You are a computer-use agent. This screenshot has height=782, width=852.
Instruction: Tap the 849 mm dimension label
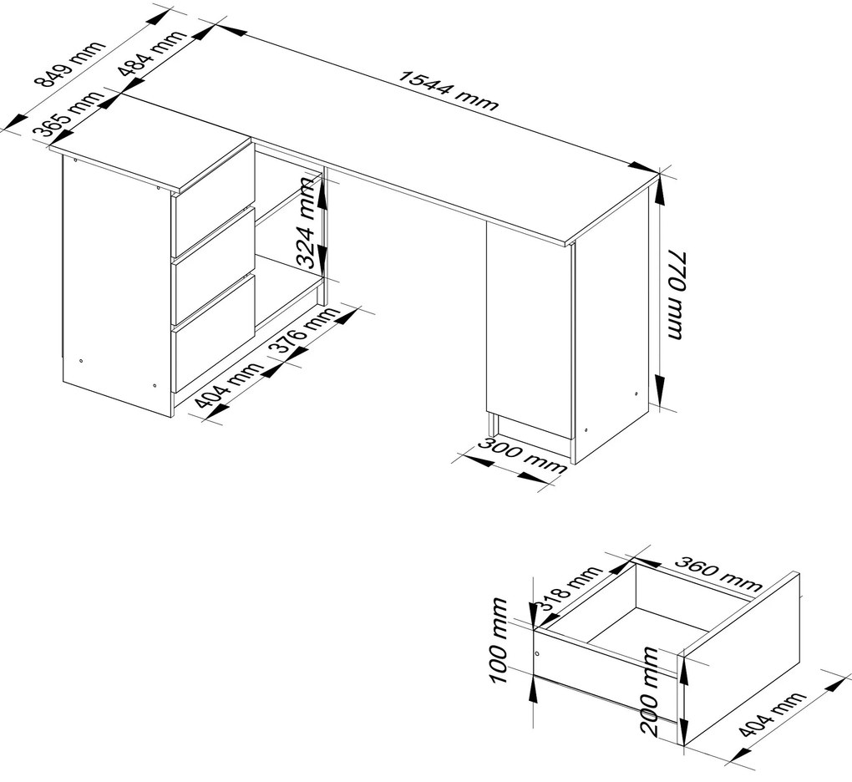click(68, 64)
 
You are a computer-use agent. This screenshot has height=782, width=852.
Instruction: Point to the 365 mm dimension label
click(68, 114)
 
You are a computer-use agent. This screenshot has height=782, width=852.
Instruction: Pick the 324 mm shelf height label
click(307, 224)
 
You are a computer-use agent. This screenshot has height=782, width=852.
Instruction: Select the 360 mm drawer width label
click(718, 574)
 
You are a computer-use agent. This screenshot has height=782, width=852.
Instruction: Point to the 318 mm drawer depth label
click(570, 589)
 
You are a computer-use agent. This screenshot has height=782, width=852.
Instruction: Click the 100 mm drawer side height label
click(499, 642)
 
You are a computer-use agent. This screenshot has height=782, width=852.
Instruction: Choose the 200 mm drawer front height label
click(649, 693)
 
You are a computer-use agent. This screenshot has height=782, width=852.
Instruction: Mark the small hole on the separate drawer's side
click(537, 653)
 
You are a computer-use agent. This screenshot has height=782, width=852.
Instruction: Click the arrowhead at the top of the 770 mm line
click(658, 191)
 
